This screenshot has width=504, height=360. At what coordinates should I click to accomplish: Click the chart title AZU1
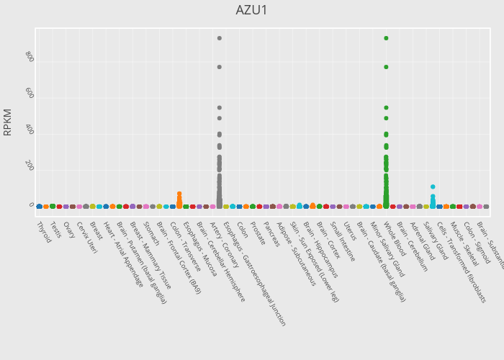pyautogui.click(x=252, y=11)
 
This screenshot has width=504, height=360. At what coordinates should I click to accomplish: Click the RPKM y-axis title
pyautogui.click(x=8, y=122)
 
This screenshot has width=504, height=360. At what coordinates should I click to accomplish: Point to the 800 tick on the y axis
pyautogui.click(x=29, y=56)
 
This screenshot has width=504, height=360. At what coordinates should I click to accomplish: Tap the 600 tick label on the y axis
pyautogui.click(x=29, y=94)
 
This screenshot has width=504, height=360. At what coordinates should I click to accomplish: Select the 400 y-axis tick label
pyautogui.click(x=29, y=130)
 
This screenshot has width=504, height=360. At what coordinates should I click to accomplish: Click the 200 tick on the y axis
pyautogui.click(x=29, y=166)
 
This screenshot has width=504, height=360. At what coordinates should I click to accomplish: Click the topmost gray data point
pyautogui.click(x=220, y=38)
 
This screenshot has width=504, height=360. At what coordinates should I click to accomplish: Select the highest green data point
pyautogui.click(x=386, y=38)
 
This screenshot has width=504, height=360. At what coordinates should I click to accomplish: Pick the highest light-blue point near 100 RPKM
pyautogui.click(x=433, y=187)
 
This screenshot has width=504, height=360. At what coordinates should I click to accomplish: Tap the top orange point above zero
pyautogui.click(x=179, y=194)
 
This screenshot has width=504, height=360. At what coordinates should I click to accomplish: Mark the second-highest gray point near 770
pyautogui.click(x=220, y=67)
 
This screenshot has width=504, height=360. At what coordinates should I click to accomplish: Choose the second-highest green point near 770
pyautogui.click(x=386, y=67)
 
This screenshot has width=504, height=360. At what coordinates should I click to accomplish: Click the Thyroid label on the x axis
pyautogui.click(x=43, y=232)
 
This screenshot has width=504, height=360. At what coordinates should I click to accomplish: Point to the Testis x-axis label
pyautogui.click(x=55, y=230)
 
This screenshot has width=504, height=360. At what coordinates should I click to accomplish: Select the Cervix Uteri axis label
pyautogui.click(x=86, y=237)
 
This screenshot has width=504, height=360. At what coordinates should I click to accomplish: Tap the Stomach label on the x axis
pyautogui.click(x=150, y=234)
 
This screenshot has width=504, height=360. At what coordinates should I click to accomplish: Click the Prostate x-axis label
pyautogui.click(x=258, y=233)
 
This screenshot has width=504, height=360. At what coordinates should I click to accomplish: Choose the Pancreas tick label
pyautogui.click(x=271, y=234)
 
